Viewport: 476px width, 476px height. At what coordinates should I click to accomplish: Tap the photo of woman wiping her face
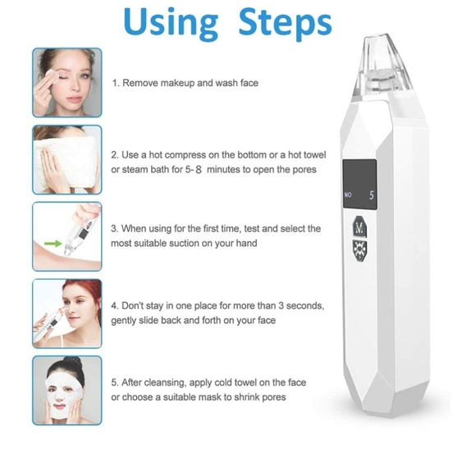click(67, 82)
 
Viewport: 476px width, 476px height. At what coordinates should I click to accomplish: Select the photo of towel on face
click(67, 159)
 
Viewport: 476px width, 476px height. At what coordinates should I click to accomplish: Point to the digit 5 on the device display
click(371, 195)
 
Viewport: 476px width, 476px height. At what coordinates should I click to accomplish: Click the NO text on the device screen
click(348, 196)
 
